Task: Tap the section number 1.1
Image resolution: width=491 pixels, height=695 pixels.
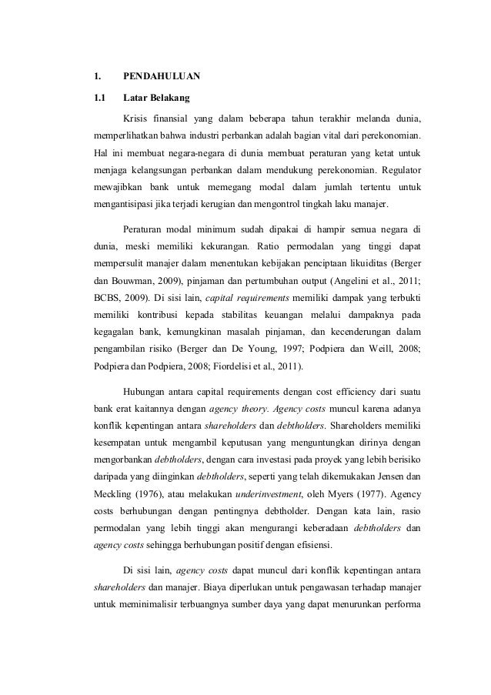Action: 99,99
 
